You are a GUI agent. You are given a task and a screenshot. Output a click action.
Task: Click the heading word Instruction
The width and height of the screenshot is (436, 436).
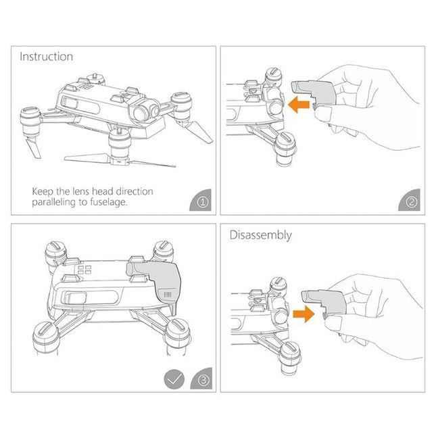point(46,57)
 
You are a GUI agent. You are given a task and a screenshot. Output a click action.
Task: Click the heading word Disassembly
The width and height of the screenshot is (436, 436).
point(261,235)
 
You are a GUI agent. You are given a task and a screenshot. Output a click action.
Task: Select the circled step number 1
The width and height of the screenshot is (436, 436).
point(200,201)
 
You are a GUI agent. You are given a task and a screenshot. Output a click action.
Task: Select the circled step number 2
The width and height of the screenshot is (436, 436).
point(411,201)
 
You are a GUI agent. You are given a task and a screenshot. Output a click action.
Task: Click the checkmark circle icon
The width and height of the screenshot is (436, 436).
point(174,379)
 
